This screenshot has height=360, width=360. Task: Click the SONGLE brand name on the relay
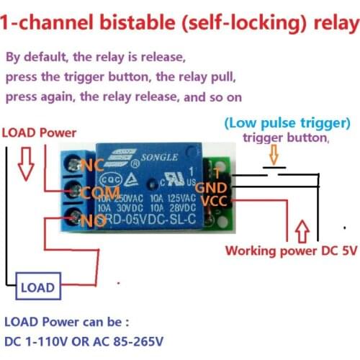pyautogui.click(x=152, y=156)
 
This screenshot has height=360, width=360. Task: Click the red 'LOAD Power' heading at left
pyautogui.click(x=38, y=132)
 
